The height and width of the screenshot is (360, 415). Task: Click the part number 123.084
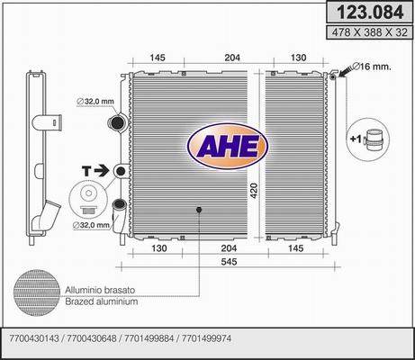370,13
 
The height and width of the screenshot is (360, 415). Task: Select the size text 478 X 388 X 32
370,32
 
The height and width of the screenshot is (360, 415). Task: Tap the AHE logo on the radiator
228,147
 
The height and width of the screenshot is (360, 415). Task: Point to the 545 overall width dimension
229,262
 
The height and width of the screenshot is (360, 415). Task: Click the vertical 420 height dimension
254,191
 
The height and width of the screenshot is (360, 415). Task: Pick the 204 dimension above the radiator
232,58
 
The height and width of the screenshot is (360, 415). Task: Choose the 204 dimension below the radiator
229,248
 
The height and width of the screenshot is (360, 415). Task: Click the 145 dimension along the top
158,58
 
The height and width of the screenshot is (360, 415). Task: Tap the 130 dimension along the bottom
158,248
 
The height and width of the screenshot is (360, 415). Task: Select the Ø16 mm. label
371,67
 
